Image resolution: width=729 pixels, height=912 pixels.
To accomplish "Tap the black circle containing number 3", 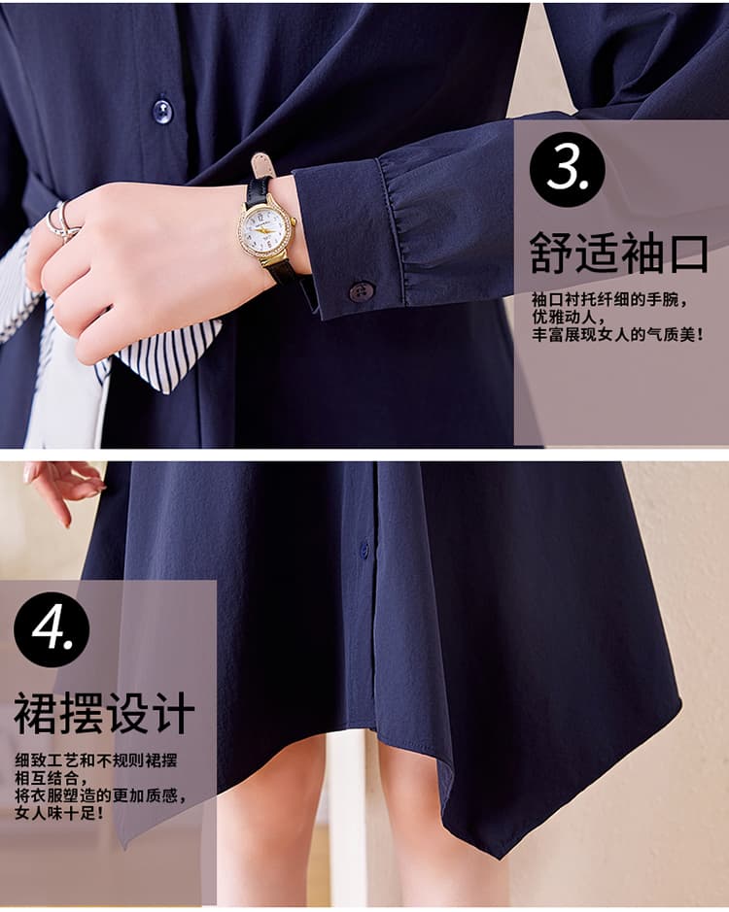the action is coord(567,168).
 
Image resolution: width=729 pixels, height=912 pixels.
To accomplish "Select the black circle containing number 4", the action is coord(52,629).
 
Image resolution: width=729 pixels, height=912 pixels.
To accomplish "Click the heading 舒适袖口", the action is coord(618,253).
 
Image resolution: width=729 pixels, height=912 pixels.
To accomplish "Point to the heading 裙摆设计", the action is coord(104,713).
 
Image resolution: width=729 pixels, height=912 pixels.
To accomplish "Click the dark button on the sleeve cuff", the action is coord(362,290).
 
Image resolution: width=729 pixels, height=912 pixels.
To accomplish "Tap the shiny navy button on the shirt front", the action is coord(162,111).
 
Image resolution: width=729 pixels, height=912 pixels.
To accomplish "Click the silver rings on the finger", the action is coord(60,221).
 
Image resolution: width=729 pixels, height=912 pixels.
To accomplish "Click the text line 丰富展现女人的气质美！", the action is coord(618,334).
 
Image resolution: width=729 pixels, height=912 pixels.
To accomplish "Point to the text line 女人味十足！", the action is coord(60,812).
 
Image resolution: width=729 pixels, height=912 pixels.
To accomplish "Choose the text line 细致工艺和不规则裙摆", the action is coord(96,760).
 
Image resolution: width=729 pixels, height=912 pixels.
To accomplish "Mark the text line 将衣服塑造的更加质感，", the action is coord(101,795).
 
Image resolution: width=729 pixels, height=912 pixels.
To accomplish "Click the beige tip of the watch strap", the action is coord(261,164).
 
